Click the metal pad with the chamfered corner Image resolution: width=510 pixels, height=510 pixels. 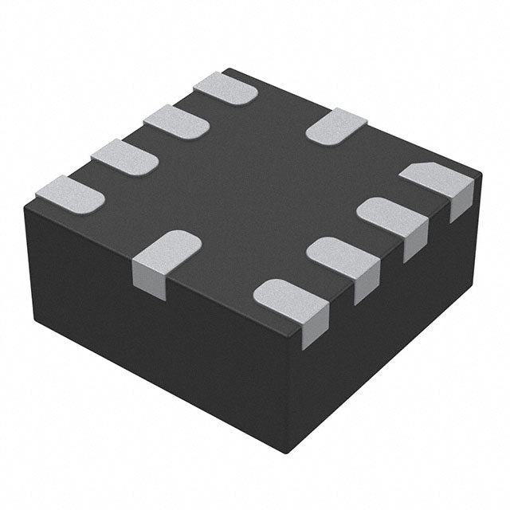[x=434, y=179]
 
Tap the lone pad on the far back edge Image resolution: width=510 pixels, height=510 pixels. [x=336, y=126]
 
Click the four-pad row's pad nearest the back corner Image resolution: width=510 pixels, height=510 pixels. [x=226, y=88]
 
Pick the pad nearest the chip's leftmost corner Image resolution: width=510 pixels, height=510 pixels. [x=70, y=194]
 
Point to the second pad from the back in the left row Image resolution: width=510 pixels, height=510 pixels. [x=176, y=120]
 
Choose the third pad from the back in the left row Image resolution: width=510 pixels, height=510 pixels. [x=124, y=156]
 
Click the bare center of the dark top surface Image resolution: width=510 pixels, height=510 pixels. [x=255, y=191]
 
